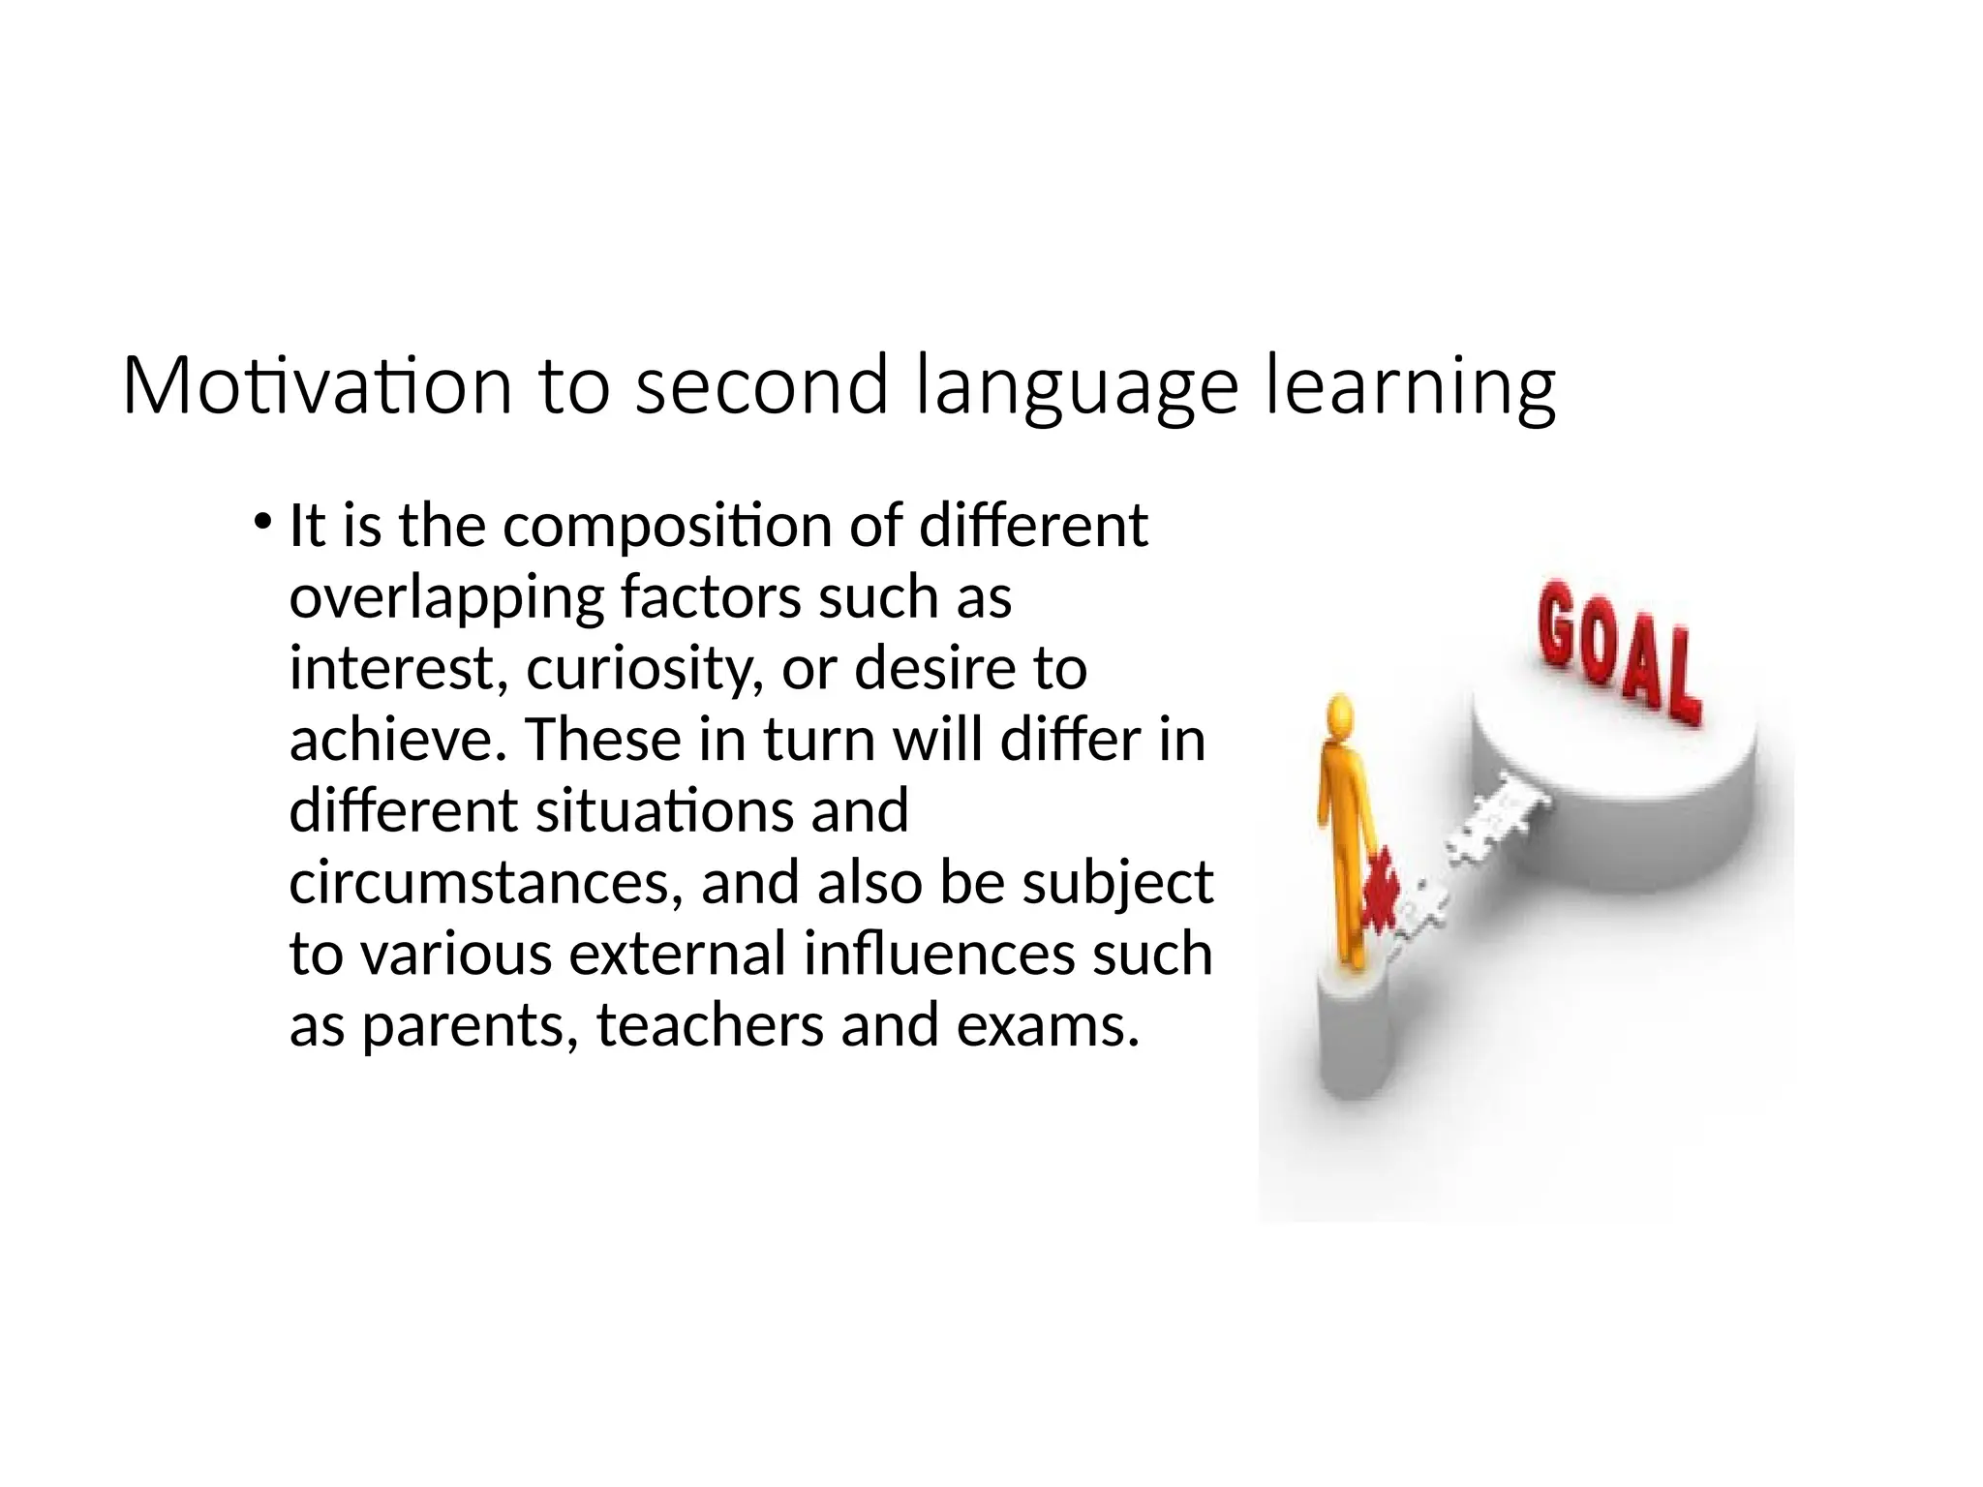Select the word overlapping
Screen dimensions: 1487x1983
[x=445, y=597]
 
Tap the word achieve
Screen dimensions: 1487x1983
[x=398, y=740]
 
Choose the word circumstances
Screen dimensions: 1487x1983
[x=484, y=883]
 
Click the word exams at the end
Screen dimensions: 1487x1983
[x=1047, y=1025]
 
